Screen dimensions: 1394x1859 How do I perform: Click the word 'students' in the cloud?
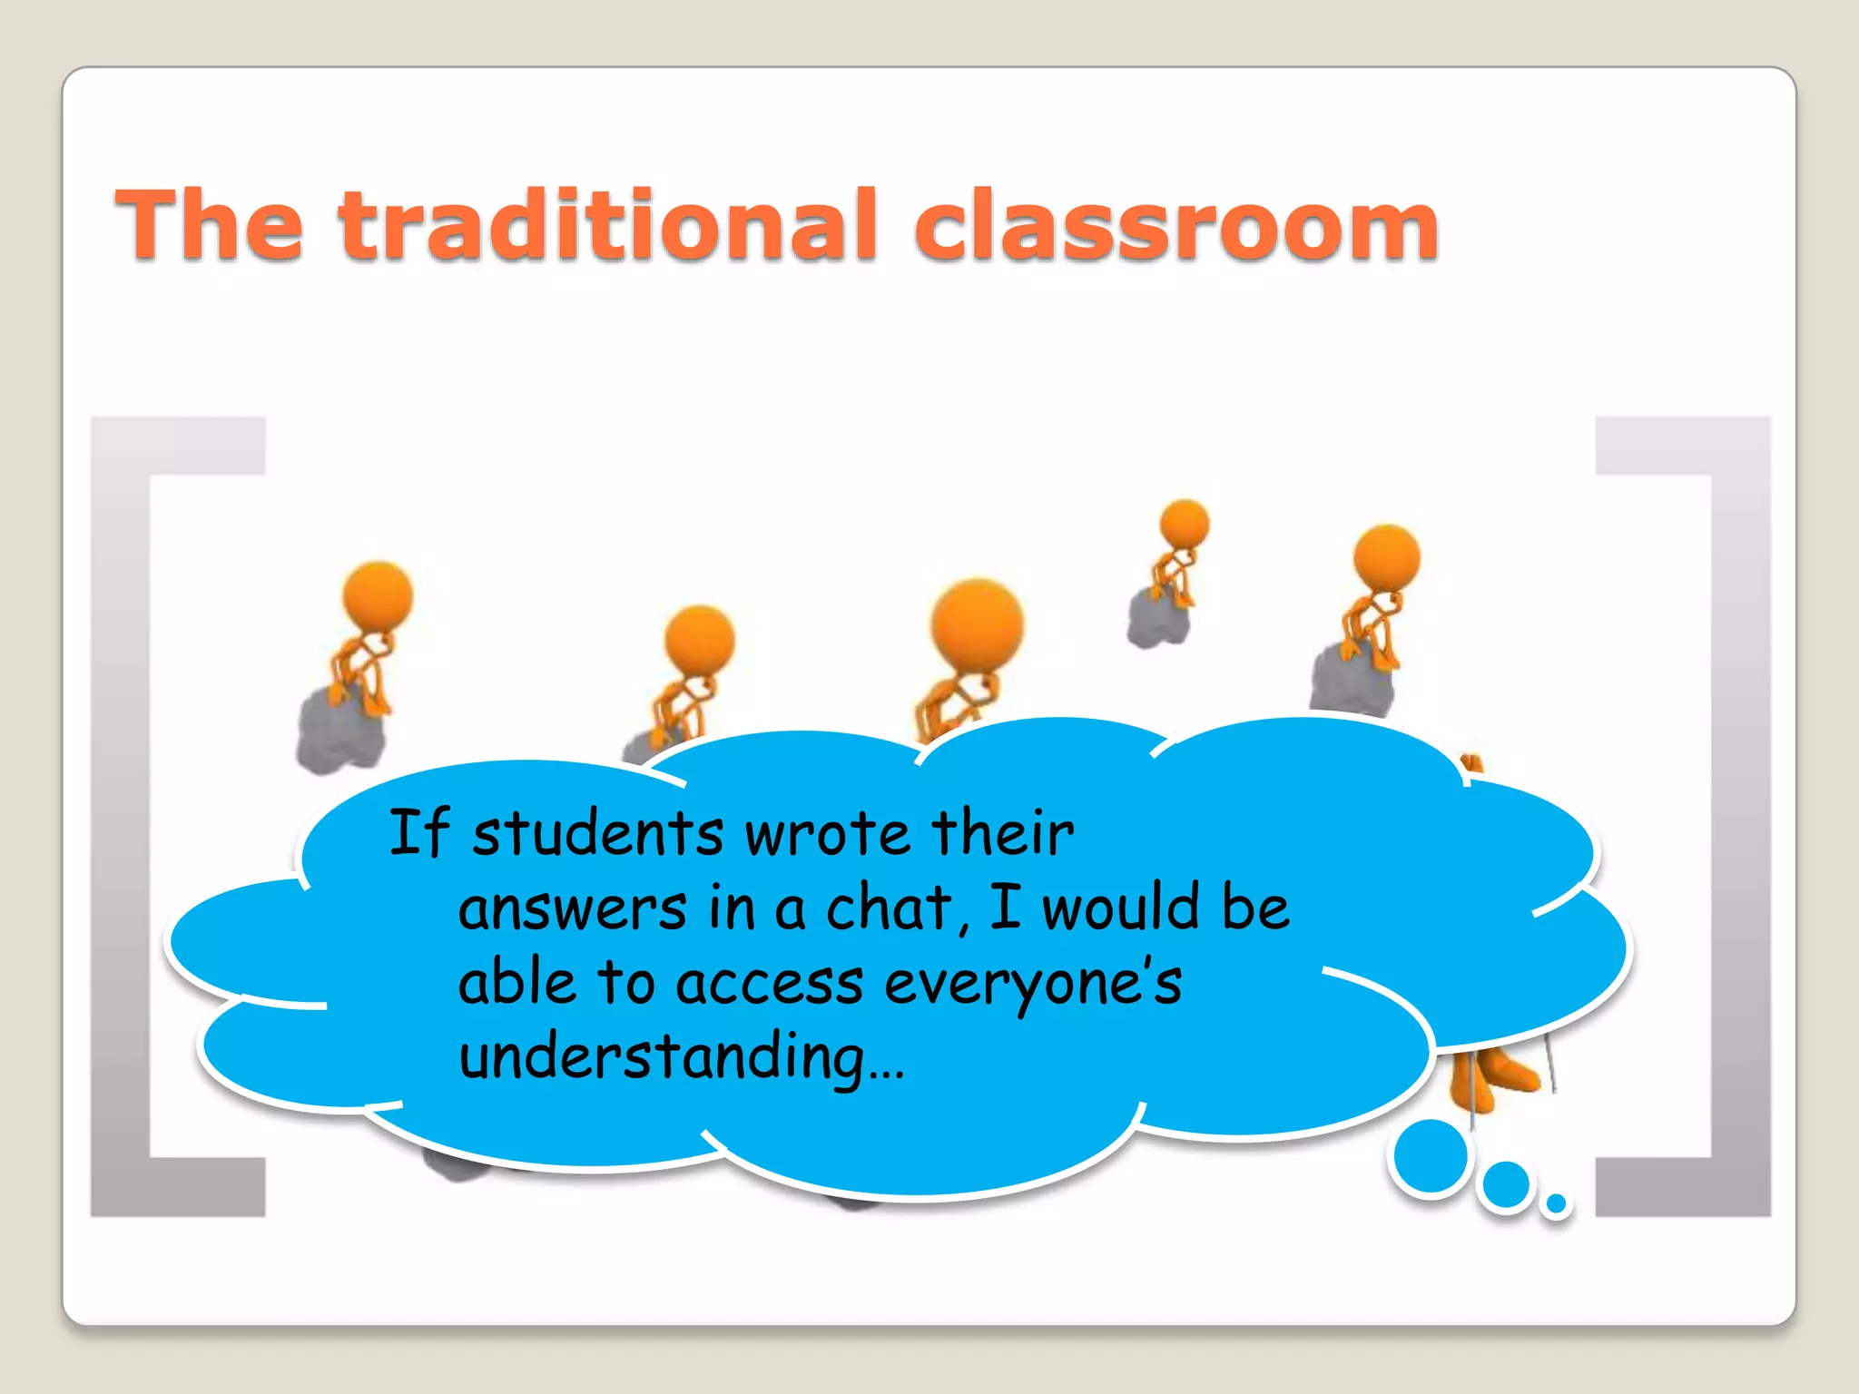(597, 833)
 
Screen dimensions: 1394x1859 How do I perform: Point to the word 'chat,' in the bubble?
(897, 908)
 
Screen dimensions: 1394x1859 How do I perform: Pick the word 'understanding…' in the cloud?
(681, 1058)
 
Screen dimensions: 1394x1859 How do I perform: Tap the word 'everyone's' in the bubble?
(1032, 984)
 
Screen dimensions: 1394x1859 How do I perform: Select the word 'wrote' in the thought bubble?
(827, 833)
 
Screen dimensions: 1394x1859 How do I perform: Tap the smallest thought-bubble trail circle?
(1556, 1203)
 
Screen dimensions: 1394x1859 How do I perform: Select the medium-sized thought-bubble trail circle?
(1506, 1184)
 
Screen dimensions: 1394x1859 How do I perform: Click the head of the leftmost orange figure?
(378, 595)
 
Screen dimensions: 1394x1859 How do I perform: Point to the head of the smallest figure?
(1185, 524)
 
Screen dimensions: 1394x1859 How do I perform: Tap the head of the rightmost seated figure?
(1386, 557)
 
